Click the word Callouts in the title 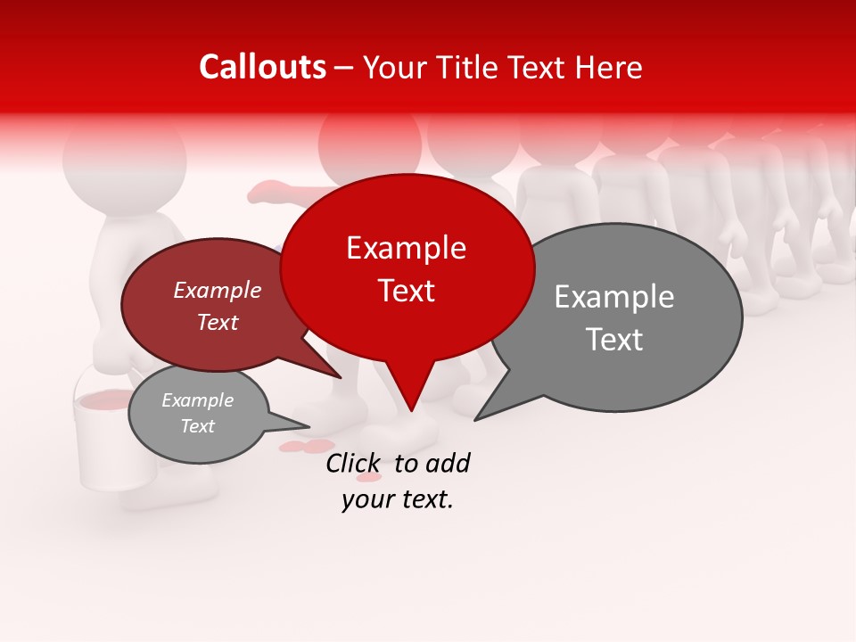[262, 67]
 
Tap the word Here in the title [608, 68]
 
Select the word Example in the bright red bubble [406, 248]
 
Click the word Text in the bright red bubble [406, 291]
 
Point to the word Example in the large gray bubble [613, 297]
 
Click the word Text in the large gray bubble [613, 340]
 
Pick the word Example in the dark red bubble [217, 290]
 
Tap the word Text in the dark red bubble [217, 322]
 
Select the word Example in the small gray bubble [197, 400]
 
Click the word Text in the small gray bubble [197, 426]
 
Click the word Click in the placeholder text [353, 463]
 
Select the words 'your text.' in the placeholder [398, 500]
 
